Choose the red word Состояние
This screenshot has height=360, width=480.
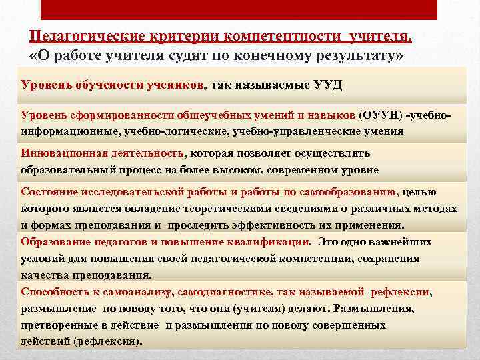tap(47, 193)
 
